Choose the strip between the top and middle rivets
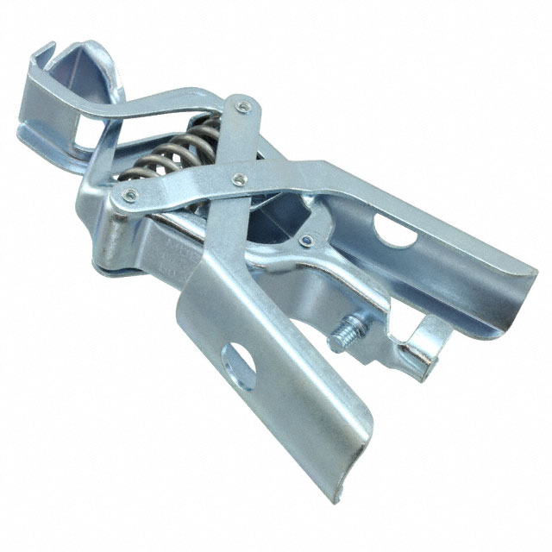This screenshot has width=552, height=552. (239, 142)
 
